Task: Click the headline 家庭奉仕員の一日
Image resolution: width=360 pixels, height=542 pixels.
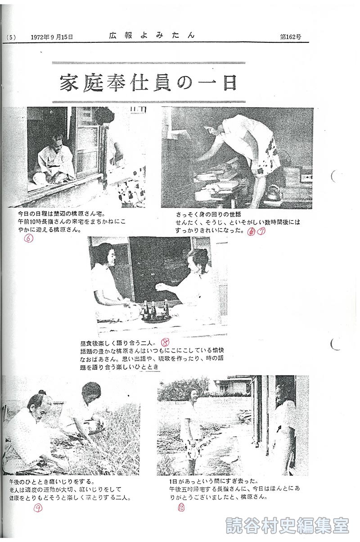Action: pyautogui.click(x=148, y=83)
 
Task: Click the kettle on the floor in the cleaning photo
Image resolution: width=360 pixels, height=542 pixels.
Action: pyautogui.click(x=274, y=194)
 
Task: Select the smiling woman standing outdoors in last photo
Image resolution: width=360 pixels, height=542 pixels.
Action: pyautogui.click(x=191, y=423)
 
